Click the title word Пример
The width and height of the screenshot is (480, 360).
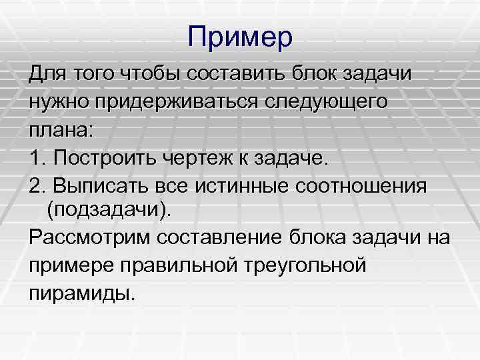(x=240, y=37)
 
